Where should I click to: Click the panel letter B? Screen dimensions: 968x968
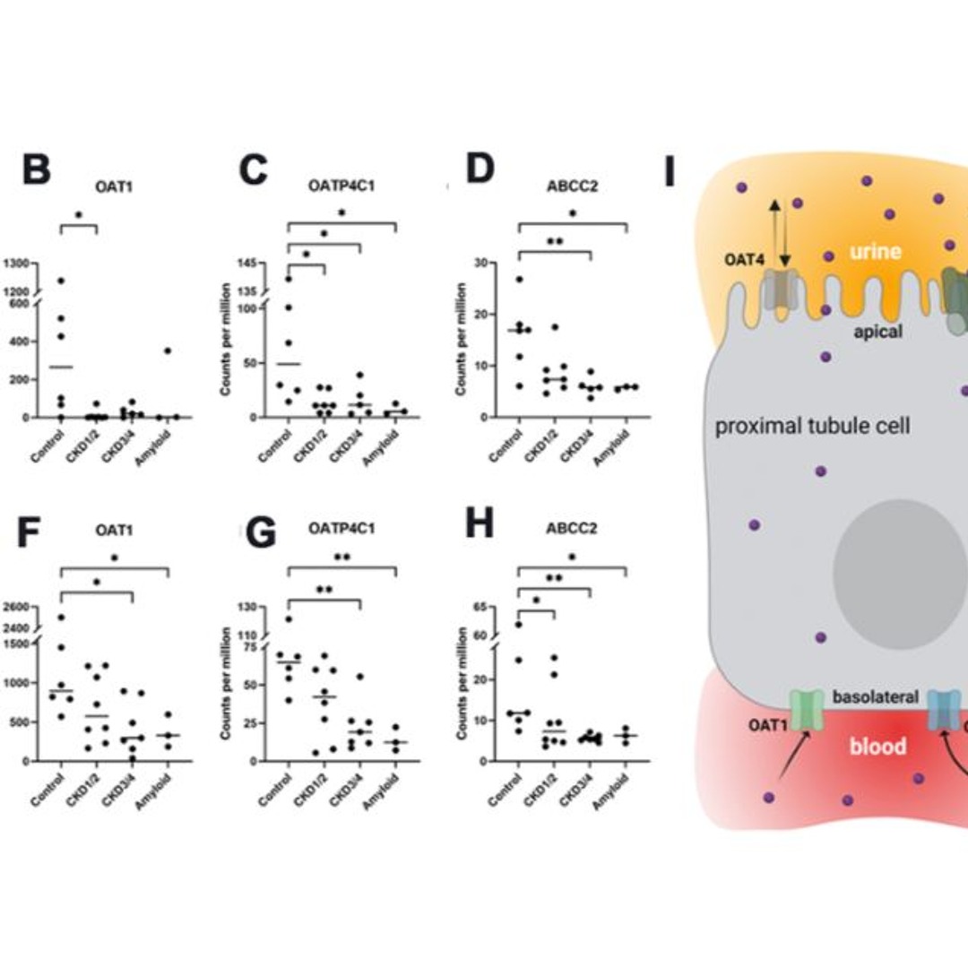point(36,170)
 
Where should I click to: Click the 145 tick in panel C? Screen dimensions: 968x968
point(246,264)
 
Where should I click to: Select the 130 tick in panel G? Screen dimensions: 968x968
point(246,608)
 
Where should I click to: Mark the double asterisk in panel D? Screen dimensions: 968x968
point(555,241)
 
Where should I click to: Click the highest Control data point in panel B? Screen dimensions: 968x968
point(60,281)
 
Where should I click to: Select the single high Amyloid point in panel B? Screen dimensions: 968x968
point(167,350)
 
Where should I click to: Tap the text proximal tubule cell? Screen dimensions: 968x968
point(812,426)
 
